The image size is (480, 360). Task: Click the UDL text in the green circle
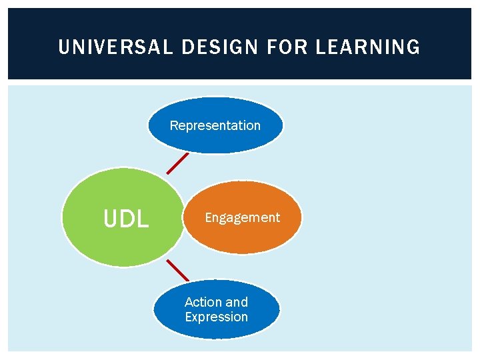(x=126, y=219)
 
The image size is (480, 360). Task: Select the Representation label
(x=215, y=125)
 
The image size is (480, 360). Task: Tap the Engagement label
(x=242, y=217)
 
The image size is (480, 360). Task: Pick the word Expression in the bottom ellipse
(x=216, y=317)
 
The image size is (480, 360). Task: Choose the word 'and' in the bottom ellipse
(x=236, y=302)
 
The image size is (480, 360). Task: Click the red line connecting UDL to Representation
(x=178, y=163)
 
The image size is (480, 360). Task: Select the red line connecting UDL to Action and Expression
(x=177, y=269)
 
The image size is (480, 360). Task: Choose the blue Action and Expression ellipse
(x=216, y=330)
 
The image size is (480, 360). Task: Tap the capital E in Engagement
(x=208, y=217)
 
